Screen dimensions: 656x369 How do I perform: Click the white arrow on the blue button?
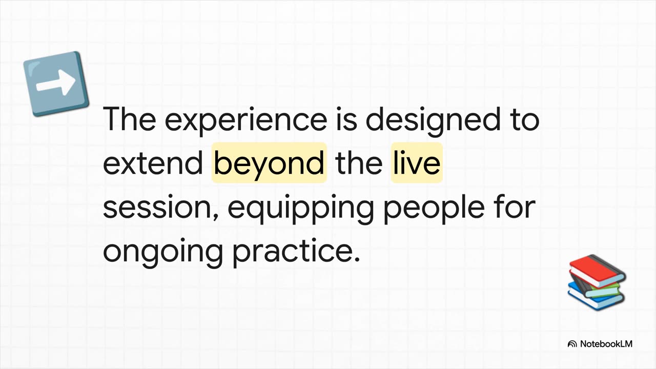pyautogui.click(x=56, y=83)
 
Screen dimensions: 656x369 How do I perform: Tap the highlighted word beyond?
pyautogui.click(x=269, y=163)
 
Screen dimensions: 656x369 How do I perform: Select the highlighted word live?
pyautogui.click(x=417, y=162)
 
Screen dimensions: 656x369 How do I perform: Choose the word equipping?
pyautogui.click(x=300, y=209)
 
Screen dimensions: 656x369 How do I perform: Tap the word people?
pyautogui.click(x=434, y=209)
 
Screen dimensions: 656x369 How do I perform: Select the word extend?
pyautogui.click(x=153, y=163)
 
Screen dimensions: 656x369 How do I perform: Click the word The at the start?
pyautogui.click(x=130, y=119)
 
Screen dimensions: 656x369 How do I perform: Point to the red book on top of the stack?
pyautogui.click(x=598, y=271)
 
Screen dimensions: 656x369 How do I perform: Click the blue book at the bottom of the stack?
pyautogui.click(x=594, y=296)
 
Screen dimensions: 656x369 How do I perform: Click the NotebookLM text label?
pyautogui.click(x=606, y=344)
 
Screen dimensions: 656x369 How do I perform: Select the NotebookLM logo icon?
pyautogui.click(x=572, y=344)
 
